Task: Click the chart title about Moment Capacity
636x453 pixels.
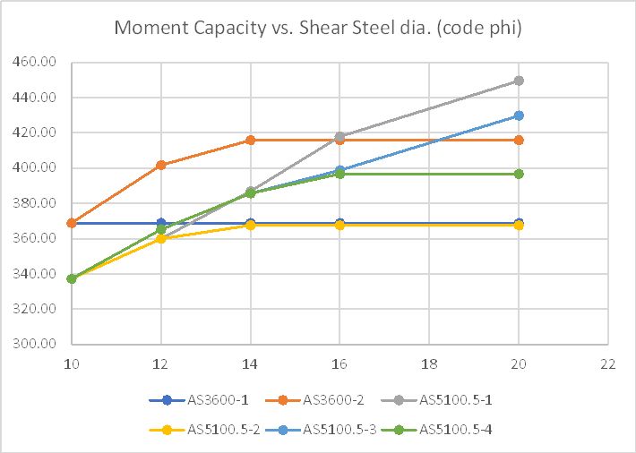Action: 318,28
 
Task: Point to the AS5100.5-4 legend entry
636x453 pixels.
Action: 456,429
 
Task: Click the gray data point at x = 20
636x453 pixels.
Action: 519,81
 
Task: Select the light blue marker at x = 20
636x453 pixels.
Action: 519,115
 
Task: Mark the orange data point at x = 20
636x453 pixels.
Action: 519,140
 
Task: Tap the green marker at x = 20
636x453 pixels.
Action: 519,174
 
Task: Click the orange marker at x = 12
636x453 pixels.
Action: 161,165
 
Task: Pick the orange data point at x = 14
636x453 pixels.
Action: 251,140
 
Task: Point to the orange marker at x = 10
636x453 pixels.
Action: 72,223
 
